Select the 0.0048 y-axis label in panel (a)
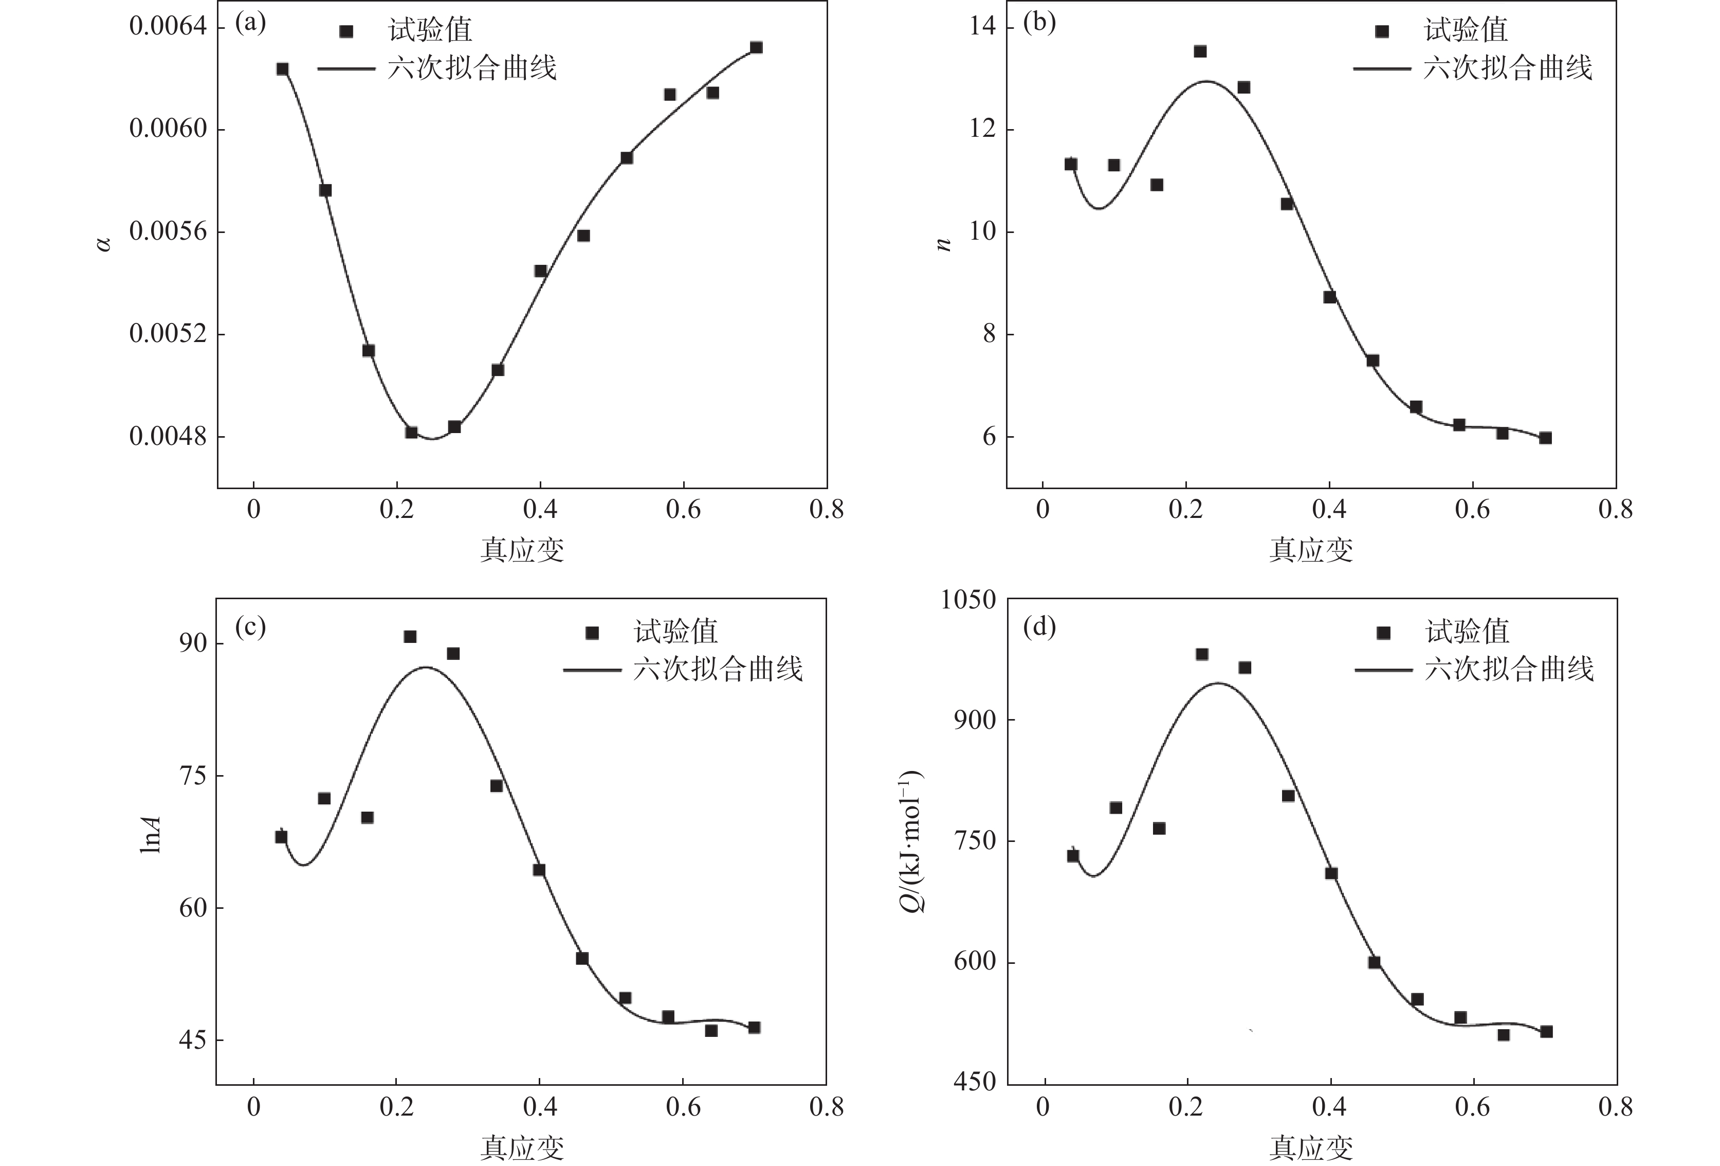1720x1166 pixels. point(168,437)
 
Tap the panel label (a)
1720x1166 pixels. point(250,23)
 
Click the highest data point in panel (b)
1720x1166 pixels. point(1200,51)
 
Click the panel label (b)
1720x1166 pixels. point(1039,23)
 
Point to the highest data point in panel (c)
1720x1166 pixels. point(410,637)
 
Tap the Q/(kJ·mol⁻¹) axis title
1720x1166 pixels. point(912,841)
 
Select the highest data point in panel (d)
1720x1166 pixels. point(1202,654)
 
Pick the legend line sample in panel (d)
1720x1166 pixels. point(1383,671)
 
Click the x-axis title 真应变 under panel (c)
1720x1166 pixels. point(522,1147)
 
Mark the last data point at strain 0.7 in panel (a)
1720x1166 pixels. point(756,47)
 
